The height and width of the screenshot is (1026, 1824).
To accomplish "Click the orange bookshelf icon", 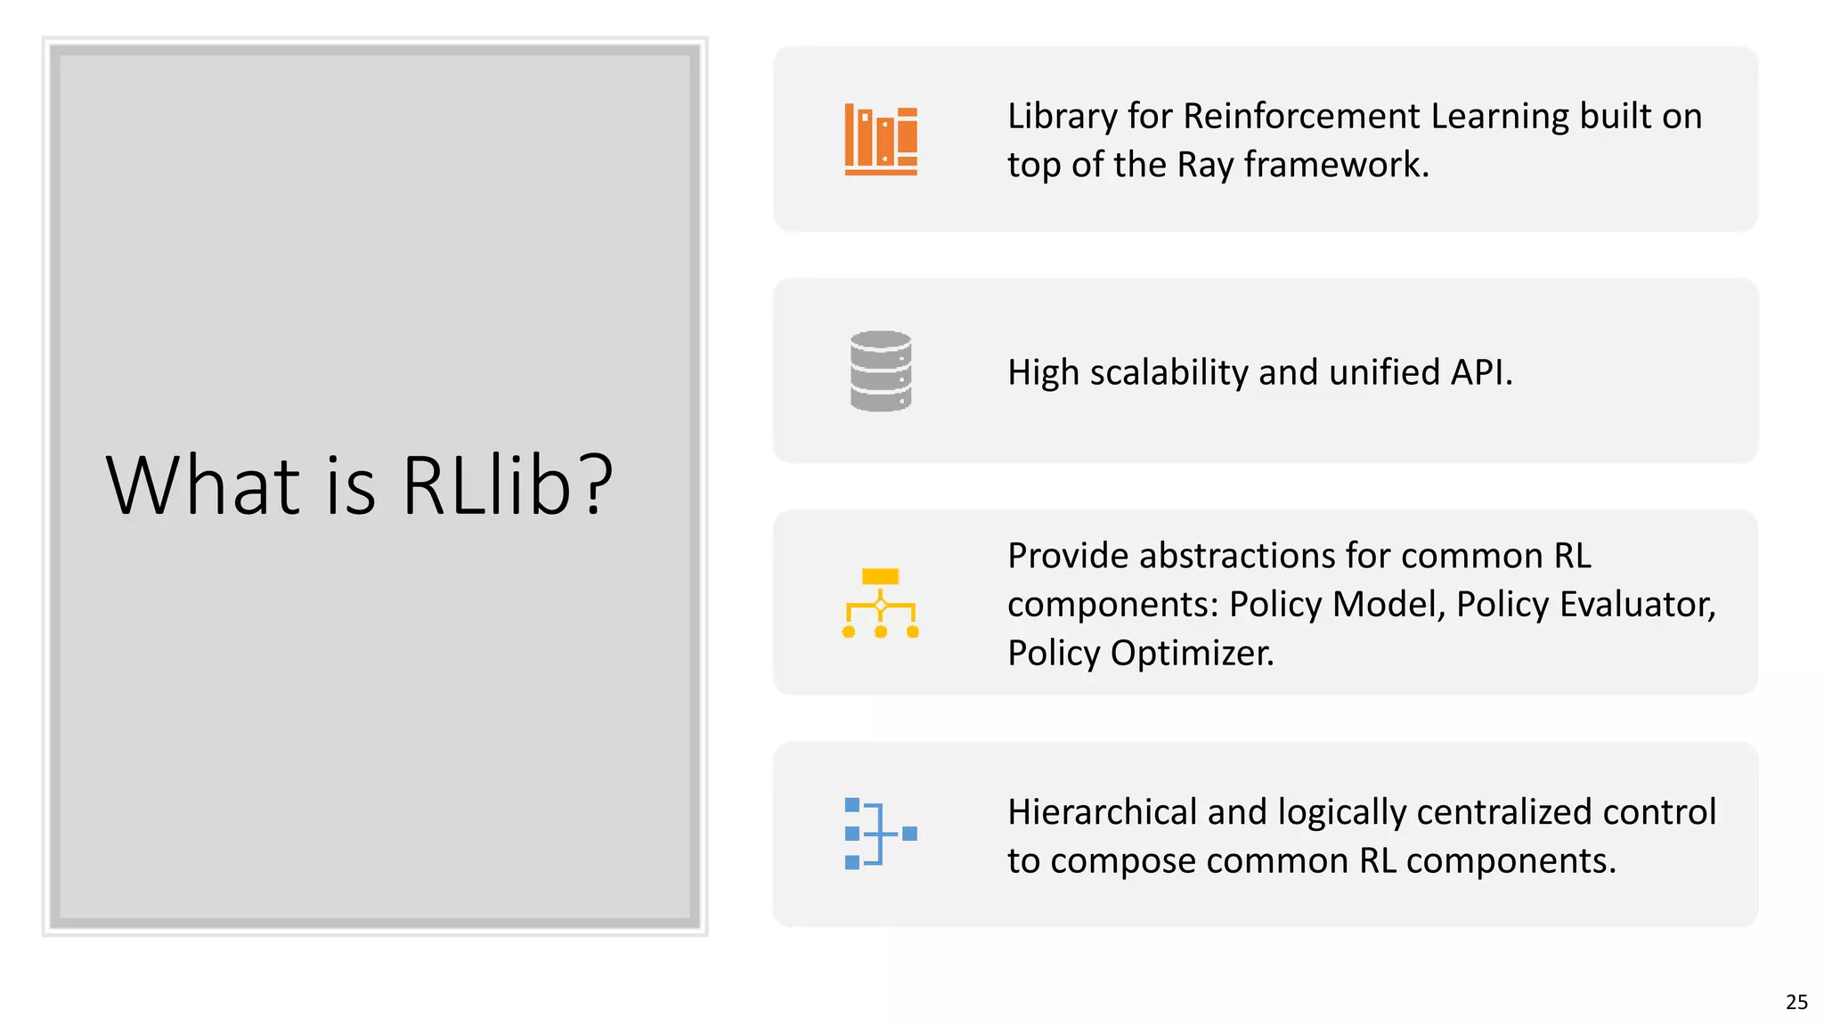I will pyautogui.click(x=880, y=140).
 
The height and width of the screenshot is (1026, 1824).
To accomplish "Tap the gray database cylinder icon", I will pyautogui.click(x=880, y=371).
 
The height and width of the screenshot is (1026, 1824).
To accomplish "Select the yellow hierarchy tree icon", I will pyautogui.click(x=880, y=603).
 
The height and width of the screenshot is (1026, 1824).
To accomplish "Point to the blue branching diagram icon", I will pyautogui.click(x=880, y=834).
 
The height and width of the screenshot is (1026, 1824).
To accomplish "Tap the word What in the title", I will pyautogui.click(x=203, y=485).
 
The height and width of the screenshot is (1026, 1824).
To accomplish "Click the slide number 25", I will pyautogui.click(x=1796, y=1002).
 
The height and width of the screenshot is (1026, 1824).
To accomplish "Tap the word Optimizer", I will pyautogui.click(x=1192, y=654).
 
